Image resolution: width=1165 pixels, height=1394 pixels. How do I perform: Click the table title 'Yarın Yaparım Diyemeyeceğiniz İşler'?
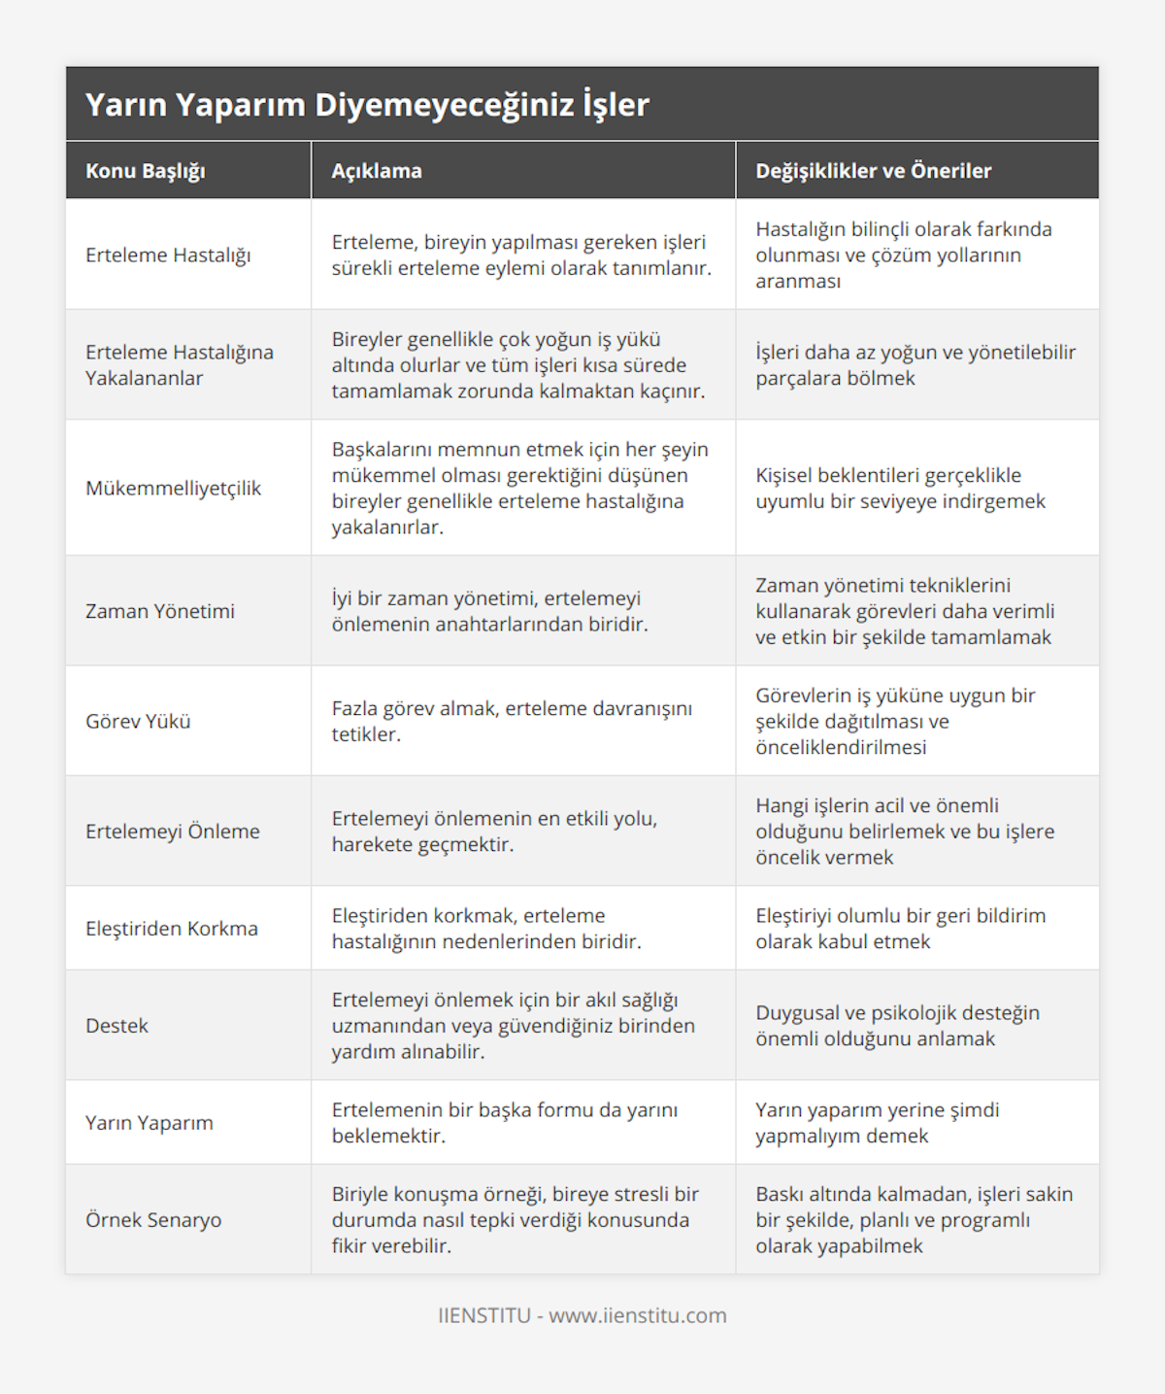(367, 105)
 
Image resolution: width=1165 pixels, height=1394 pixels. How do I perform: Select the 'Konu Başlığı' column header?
(146, 171)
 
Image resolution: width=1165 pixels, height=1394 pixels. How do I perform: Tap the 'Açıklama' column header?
(377, 171)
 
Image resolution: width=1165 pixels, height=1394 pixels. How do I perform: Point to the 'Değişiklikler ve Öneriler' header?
(874, 171)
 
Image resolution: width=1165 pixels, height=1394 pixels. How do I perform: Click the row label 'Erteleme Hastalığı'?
(168, 255)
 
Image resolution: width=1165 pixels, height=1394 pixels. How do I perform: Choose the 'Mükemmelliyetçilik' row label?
(173, 488)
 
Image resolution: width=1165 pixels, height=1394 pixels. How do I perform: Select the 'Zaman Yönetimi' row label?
(160, 611)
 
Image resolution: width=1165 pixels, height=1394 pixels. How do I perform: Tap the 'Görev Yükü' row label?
(138, 721)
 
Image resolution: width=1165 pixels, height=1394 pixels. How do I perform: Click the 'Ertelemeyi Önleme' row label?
(173, 832)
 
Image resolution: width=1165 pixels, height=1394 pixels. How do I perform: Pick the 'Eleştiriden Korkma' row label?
(172, 929)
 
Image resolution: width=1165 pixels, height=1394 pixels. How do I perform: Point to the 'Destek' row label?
(116, 1026)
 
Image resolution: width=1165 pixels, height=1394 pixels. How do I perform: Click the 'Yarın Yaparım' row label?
(149, 1123)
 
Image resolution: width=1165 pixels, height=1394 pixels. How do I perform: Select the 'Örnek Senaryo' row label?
(153, 1220)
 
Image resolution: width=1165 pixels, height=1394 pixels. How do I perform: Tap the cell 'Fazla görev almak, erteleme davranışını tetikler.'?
(512, 721)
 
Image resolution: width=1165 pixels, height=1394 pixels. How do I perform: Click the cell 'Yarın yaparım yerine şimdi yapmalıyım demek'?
(877, 1123)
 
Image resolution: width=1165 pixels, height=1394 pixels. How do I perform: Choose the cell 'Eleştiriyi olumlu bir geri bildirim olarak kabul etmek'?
(900, 929)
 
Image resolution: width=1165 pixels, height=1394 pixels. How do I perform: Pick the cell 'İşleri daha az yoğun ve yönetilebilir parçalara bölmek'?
(915, 365)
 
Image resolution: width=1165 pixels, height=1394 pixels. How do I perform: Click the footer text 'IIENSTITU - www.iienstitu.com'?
(582, 1315)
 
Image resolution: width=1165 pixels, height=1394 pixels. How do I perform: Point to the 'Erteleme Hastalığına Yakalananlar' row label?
(180, 365)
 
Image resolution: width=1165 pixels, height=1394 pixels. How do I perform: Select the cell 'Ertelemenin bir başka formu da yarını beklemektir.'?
(505, 1123)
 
